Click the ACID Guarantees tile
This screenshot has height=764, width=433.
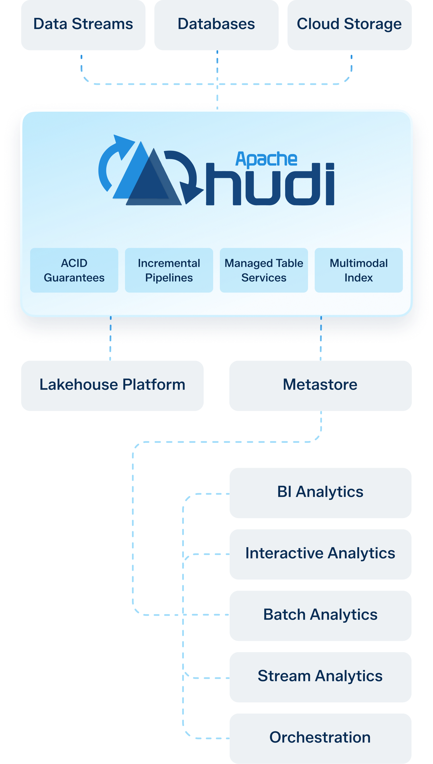(74, 270)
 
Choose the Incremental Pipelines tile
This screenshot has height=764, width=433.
(169, 270)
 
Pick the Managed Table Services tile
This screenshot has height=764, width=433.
(264, 270)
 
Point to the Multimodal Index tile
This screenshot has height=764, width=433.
(359, 270)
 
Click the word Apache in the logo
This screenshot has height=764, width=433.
(266, 159)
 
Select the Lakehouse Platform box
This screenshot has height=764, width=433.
(112, 385)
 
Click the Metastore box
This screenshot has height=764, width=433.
(320, 385)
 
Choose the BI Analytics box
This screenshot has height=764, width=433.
(320, 493)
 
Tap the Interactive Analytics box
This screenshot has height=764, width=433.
(320, 554)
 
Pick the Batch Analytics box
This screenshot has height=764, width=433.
(320, 615)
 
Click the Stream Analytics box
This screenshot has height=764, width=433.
(320, 677)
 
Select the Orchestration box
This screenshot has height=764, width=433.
(320, 738)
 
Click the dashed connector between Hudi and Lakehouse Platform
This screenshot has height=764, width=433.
(110, 339)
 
